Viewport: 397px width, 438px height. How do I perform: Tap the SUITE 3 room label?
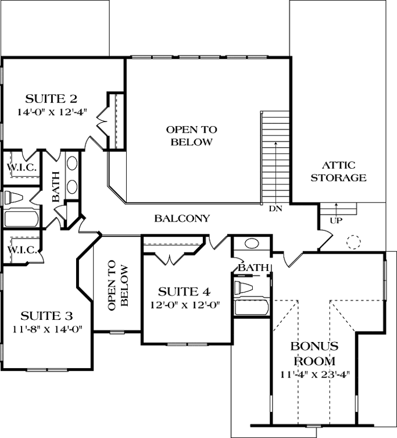[47, 316]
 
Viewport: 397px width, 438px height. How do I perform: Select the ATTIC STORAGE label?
[338, 172]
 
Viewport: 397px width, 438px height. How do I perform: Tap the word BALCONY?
[182, 219]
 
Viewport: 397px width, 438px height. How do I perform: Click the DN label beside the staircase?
[275, 208]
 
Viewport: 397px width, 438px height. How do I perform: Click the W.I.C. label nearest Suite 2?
[22, 168]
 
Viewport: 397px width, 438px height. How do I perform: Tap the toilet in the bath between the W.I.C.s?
[16, 198]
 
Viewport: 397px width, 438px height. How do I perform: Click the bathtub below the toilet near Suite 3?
[21, 219]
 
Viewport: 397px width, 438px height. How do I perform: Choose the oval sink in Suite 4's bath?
[252, 244]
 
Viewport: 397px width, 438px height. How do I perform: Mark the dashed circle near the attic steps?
[353, 242]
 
